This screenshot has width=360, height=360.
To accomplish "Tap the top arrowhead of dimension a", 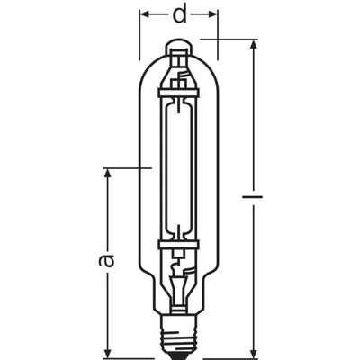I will click(x=109, y=172).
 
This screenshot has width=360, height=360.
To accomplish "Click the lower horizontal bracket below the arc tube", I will click(x=179, y=241).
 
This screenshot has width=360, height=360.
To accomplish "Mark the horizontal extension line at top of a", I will click(x=126, y=166).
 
